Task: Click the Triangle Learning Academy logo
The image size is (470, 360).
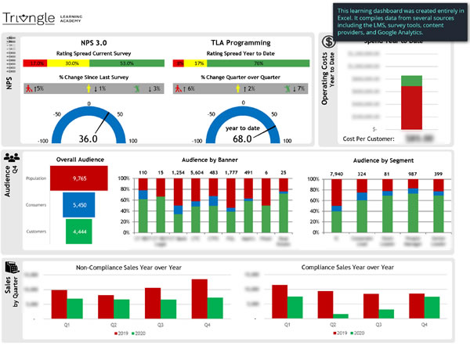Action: [x=47, y=17]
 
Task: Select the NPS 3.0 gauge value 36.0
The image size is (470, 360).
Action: [x=89, y=139]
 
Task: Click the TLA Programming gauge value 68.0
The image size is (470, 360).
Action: [x=242, y=139]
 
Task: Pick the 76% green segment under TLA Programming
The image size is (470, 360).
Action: [x=258, y=63]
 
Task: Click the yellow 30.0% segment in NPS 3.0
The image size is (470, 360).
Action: [x=71, y=63]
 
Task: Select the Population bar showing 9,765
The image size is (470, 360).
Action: [x=78, y=178]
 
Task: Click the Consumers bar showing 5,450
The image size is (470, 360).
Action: [x=78, y=204]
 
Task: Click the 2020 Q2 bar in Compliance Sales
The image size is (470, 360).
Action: [x=341, y=315]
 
